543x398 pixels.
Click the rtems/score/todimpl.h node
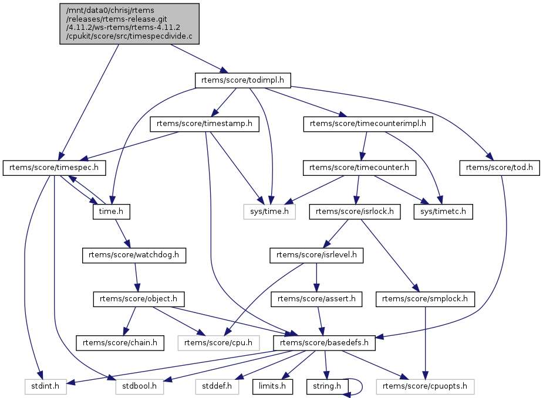click(243, 80)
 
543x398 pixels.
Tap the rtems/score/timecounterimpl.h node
click(368, 124)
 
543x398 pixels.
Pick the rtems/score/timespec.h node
click(54, 168)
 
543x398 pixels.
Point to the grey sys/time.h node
click(269, 211)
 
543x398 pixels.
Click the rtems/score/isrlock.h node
click(355, 211)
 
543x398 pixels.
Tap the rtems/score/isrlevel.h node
click(316, 255)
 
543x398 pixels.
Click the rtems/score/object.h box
click(139, 299)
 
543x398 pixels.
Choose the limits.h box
click(274, 386)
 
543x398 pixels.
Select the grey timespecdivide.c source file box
click(129, 23)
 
